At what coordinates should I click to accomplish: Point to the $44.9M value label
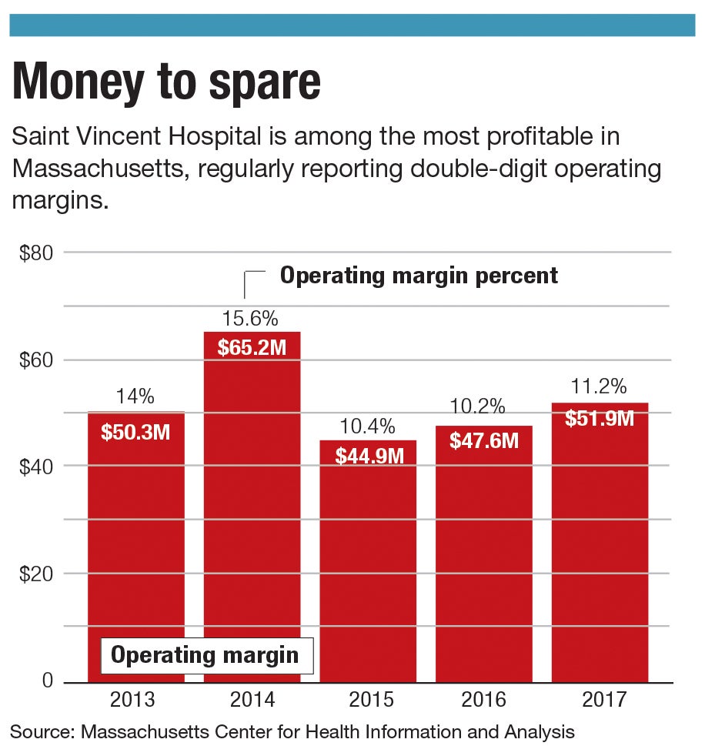tap(369, 456)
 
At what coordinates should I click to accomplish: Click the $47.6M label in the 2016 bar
tap(484, 440)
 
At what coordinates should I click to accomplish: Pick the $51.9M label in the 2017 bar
tap(600, 418)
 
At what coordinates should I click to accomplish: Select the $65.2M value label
tap(252, 347)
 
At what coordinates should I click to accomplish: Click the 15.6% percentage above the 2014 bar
tap(250, 319)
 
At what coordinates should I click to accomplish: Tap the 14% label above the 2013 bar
tap(135, 397)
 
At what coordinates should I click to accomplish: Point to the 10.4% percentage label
tap(369, 426)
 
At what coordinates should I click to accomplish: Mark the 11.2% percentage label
tap(599, 385)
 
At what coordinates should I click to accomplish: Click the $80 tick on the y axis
tap(36, 253)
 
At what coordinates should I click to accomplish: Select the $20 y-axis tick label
tap(36, 574)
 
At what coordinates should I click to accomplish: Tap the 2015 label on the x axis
tap(369, 700)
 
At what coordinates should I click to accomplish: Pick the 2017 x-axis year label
tap(600, 700)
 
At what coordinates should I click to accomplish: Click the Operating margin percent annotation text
tap(419, 276)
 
